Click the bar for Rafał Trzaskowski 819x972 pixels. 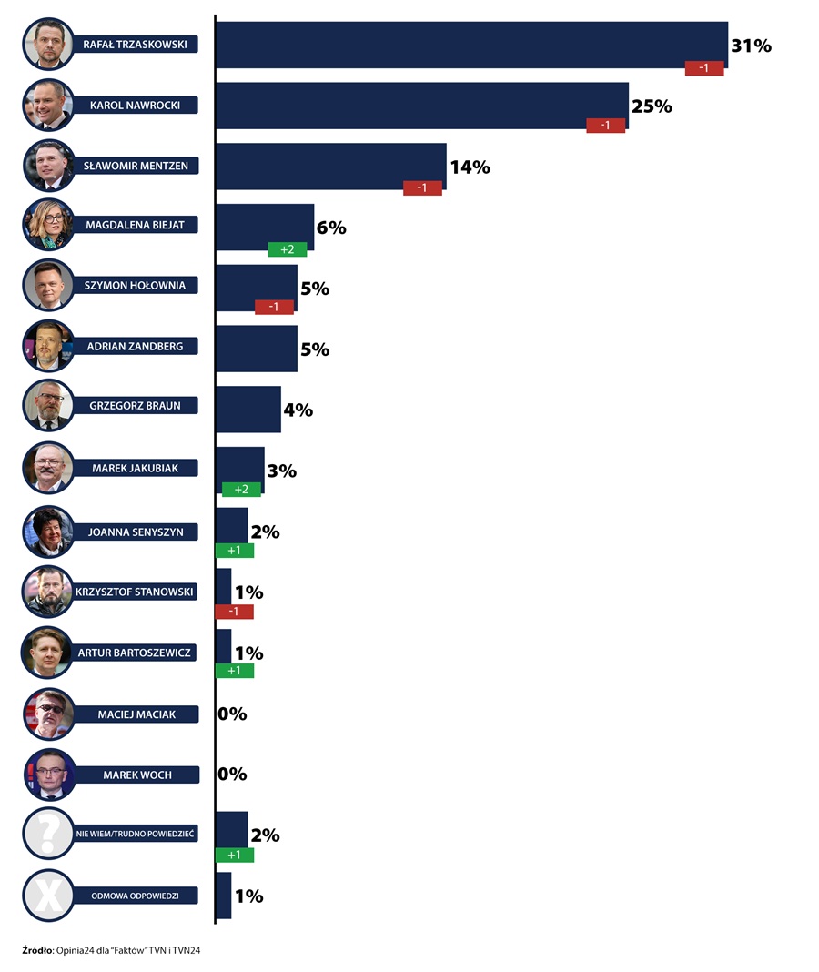[470, 44]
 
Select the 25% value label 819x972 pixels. [652, 106]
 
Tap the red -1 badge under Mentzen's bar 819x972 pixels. [422, 188]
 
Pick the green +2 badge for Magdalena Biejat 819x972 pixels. [288, 249]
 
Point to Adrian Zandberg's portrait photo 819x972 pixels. [48, 347]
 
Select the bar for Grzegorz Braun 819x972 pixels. [248, 410]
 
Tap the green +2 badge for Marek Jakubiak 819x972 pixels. [241, 490]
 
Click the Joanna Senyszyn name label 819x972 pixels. [136, 532]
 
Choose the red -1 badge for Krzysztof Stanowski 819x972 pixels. [234, 612]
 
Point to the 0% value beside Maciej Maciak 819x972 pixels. [232, 714]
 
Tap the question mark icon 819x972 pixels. [48, 833]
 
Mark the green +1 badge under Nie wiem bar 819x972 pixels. [234, 856]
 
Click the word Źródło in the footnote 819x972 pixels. [38, 950]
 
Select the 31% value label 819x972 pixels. [751, 46]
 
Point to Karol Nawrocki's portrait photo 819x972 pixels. [48, 105]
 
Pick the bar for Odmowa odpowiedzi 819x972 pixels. [223, 896]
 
